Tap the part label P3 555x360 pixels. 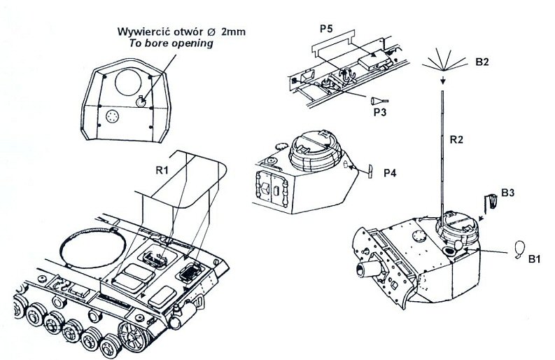[379, 111]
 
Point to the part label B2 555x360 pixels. [482, 62]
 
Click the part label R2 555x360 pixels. [457, 140]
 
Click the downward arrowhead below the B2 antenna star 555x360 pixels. [443, 88]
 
